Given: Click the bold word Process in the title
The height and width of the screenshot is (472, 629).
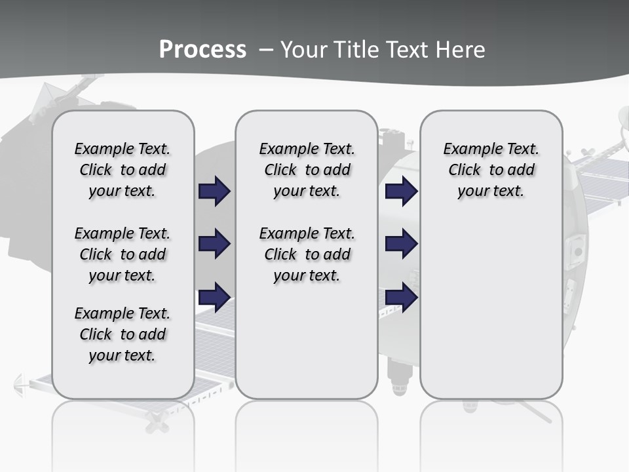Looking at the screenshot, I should (202, 50).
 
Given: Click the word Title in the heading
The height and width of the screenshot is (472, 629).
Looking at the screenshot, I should (357, 50).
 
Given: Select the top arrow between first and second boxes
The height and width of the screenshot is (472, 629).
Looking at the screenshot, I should (214, 191).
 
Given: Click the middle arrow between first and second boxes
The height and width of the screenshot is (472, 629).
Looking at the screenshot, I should (214, 244).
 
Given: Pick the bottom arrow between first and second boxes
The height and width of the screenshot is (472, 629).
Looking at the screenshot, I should (214, 297).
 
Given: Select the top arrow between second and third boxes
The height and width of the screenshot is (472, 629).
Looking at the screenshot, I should (401, 191).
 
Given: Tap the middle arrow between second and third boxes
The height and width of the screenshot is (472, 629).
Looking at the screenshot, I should (401, 244).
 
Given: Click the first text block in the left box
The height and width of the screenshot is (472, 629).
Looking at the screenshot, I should (123, 170).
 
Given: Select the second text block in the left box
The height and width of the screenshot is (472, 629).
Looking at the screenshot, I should (123, 254).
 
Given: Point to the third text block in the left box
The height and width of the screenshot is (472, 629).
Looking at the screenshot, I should (123, 334).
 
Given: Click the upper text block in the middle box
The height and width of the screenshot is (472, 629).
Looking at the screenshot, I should (307, 170).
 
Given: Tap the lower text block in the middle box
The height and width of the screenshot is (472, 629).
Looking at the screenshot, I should (307, 254).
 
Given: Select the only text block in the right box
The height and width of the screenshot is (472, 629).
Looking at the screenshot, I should (491, 170).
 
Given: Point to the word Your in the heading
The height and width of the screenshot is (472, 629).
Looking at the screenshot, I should (305, 50).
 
